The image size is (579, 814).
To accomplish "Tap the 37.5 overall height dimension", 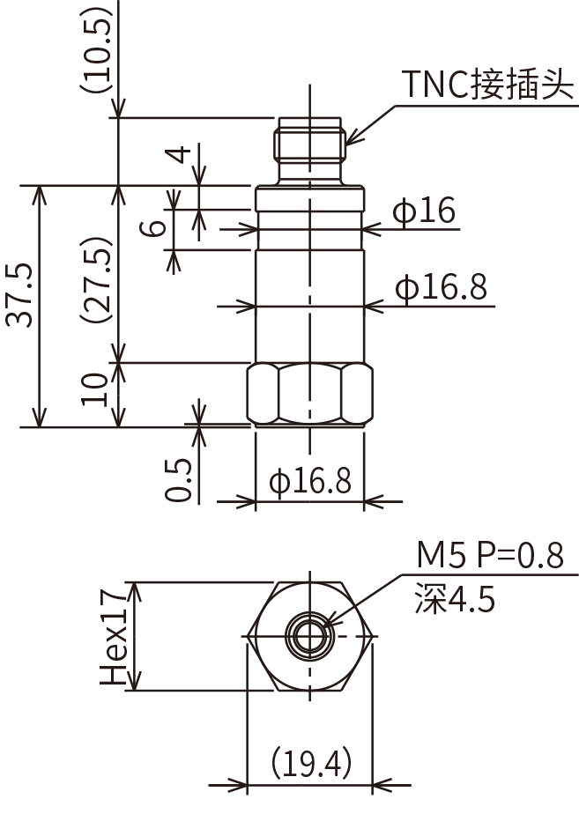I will click(22, 294).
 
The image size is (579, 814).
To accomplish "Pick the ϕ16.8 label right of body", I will click(441, 287).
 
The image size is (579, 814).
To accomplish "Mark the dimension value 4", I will click(180, 155).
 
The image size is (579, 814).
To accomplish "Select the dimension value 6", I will click(156, 227).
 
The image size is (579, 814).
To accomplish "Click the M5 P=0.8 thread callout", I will click(489, 556).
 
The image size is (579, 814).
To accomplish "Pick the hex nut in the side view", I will click(309, 394).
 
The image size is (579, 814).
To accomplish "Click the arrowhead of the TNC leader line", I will click(349, 141).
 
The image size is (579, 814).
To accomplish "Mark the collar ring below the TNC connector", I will click(309, 198).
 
